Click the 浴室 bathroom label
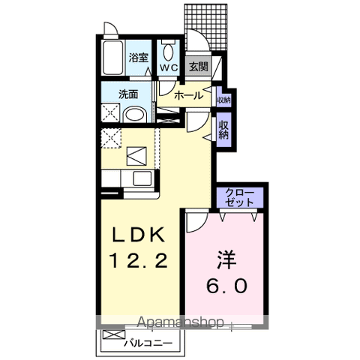(139, 58)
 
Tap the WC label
(169, 67)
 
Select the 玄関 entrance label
(198, 67)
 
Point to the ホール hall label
(189, 95)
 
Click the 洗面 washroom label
(128, 94)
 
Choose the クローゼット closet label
(239, 197)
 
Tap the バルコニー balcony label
(148, 343)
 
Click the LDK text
(139, 235)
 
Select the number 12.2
(138, 260)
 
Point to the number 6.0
(227, 286)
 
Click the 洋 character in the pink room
(226, 260)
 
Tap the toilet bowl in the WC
(168, 50)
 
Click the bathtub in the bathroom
(113, 58)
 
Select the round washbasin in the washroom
(134, 115)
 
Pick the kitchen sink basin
(142, 178)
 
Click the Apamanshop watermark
(180, 322)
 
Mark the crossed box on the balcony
(114, 334)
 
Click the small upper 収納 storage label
(223, 100)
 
